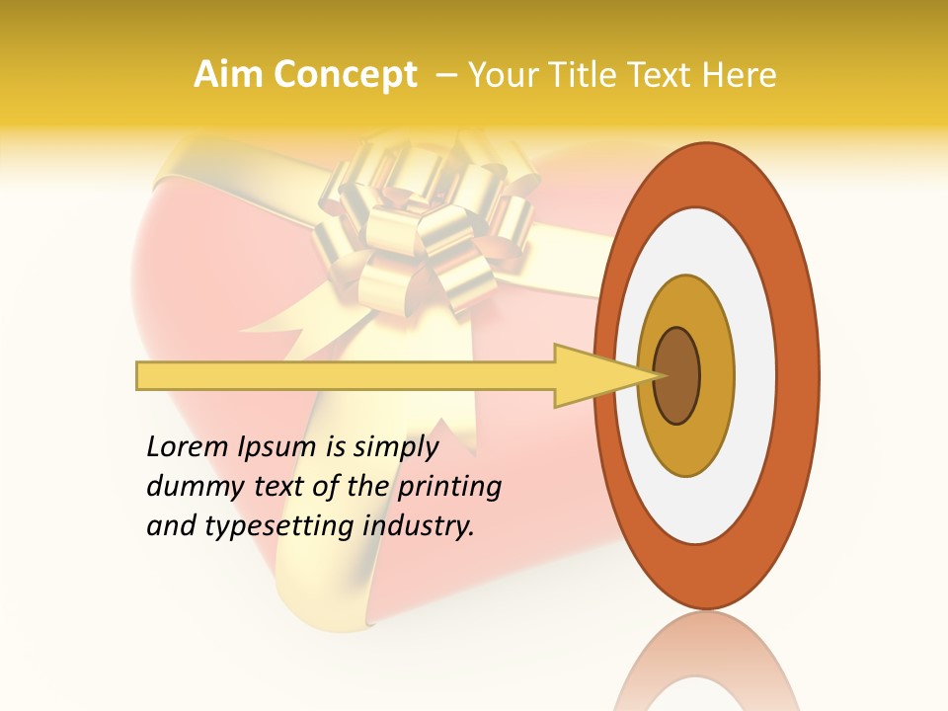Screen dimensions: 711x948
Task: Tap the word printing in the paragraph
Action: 450,487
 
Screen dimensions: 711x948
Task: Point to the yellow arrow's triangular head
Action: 592,375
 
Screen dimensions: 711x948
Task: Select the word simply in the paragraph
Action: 396,447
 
